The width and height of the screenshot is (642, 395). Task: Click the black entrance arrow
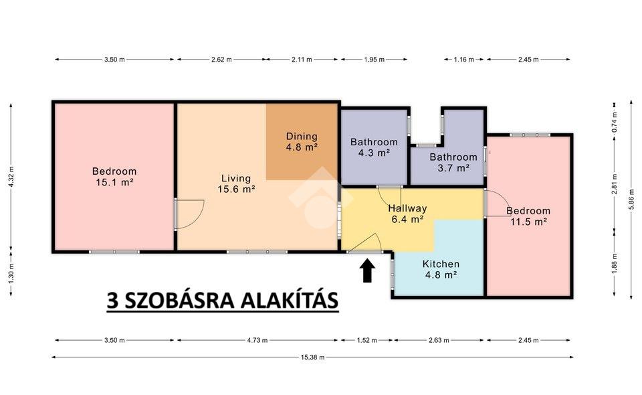368,270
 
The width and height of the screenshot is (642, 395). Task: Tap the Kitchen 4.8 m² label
441,269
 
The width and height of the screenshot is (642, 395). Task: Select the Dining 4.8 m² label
302,141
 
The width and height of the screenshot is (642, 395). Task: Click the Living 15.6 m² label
236,183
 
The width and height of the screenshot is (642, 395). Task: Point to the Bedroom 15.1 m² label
114,177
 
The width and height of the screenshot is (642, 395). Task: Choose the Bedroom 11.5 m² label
528,216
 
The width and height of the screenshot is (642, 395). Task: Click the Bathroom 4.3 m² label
374,147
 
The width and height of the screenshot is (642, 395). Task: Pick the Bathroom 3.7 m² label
453,162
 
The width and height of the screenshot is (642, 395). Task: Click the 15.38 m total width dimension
312,358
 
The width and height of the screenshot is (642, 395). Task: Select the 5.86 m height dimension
631,201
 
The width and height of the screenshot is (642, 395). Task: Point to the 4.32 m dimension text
11,177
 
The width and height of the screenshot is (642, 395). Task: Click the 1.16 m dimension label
464,60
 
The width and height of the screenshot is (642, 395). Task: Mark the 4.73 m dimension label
257,340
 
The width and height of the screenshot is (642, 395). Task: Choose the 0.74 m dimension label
614,122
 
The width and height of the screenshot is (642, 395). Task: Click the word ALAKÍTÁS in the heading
289,301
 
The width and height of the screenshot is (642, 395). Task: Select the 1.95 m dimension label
374,60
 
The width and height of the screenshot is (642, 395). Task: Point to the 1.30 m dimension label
11,272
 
